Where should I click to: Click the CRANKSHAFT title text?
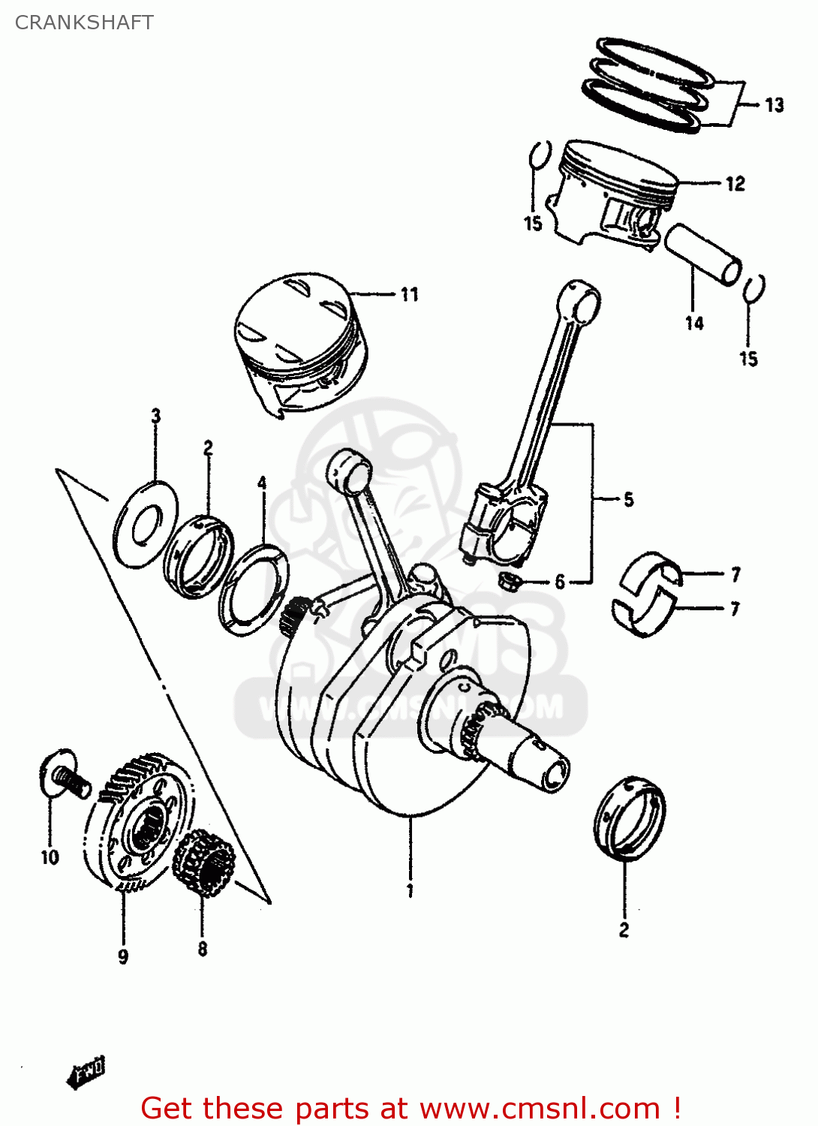tap(84, 23)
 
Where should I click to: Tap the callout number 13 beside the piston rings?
tap(774, 105)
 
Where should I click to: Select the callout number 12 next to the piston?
tap(735, 183)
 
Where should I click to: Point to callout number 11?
tap(409, 294)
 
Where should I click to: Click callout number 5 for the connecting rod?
tap(628, 499)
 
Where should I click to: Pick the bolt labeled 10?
tap(66, 777)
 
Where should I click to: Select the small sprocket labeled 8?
tap(203, 863)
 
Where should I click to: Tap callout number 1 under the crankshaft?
tap(410, 891)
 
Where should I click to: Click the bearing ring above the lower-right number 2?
tap(630, 818)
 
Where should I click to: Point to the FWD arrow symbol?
tap(86, 1072)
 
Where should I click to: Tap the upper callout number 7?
tap(735, 574)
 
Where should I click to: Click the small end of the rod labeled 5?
tap(580, 300)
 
